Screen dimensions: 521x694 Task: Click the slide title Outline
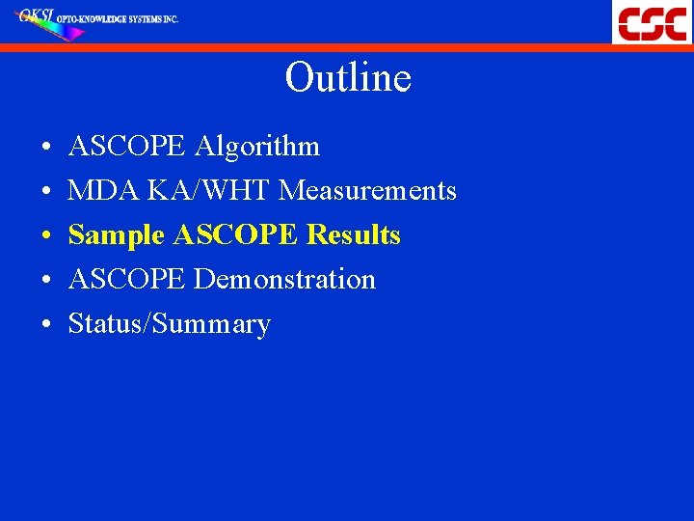348,78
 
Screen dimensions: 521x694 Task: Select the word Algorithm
257,147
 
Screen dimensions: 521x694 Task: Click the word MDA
104,191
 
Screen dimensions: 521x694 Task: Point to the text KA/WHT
209,191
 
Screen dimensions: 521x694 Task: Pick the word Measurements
367,191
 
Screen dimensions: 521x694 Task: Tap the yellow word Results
353,235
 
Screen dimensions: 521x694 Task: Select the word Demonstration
284,280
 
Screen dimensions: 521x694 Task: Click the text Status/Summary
169,324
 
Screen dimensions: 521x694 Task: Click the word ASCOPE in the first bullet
127,147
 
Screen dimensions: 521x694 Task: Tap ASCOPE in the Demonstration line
127,280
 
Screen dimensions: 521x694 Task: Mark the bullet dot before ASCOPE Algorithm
46,149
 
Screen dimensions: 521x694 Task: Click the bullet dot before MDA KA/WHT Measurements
46,193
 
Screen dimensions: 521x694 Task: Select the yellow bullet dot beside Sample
46,237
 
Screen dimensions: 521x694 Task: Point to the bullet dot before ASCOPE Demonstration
46,282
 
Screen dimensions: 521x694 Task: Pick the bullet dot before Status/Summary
46,326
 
